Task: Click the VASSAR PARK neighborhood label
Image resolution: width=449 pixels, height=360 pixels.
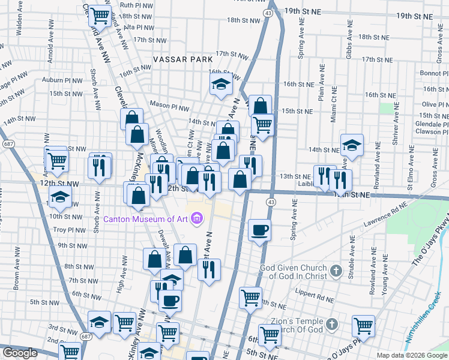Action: (x=182, y=60)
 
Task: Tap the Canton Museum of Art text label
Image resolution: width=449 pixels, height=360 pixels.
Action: (x=146, y=220)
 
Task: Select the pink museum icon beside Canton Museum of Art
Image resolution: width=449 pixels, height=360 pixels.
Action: (x=196, y=220)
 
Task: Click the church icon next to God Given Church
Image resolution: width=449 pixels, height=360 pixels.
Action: (x=336, y=271)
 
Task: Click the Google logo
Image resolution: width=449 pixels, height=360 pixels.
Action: (x=20, y=353)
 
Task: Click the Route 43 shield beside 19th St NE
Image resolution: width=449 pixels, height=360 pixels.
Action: (x=268, y=13)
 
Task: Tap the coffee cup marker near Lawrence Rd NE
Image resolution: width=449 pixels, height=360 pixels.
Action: (x=259, y=230)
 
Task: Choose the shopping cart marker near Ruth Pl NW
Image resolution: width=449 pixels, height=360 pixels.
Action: (x=100, y=15)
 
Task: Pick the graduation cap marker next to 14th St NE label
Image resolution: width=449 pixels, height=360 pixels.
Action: (x=352, y=145)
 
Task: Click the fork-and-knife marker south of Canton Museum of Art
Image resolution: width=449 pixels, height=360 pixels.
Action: (x=209, y=269)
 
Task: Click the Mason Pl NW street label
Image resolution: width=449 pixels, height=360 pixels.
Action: (x=166, y=103)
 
